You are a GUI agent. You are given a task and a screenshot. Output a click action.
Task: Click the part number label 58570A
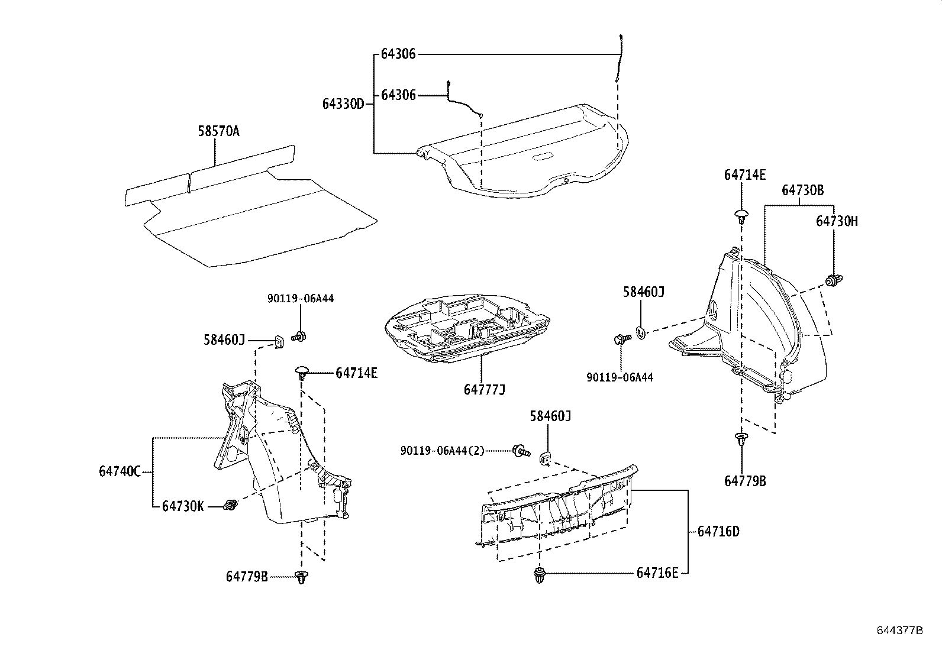tap(218, 131)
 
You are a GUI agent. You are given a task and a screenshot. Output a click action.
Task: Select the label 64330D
tap(343, 104)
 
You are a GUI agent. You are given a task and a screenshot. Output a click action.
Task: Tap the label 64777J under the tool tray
tap(484, 390)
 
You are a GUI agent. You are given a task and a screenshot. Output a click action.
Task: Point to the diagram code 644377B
tap(899, 630)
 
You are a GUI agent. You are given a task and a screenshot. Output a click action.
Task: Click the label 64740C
tap(120, 471)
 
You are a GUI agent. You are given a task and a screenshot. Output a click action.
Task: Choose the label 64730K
tap(183, 506)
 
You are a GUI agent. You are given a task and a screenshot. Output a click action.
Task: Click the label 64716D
tap(718, 531)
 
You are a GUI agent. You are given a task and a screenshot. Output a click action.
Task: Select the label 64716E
tap(657, 573)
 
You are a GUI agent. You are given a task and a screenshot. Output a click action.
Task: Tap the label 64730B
tap(802, 190)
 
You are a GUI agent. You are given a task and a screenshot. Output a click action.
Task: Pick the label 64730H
tap(836, 221)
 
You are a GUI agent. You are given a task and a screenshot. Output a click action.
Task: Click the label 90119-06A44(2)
tap(442, 451)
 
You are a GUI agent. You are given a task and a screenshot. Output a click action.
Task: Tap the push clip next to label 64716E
tap(539, 574)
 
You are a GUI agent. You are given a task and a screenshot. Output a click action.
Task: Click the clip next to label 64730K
tap(231, 506)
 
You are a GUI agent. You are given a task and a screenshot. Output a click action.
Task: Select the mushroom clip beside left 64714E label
tap(302, 373)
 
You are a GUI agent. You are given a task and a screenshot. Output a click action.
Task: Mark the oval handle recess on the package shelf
tap(543, 157)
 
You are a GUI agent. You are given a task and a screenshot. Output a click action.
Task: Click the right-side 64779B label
tap(744, 481)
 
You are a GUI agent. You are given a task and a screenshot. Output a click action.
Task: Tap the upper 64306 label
tap(398, 54)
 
